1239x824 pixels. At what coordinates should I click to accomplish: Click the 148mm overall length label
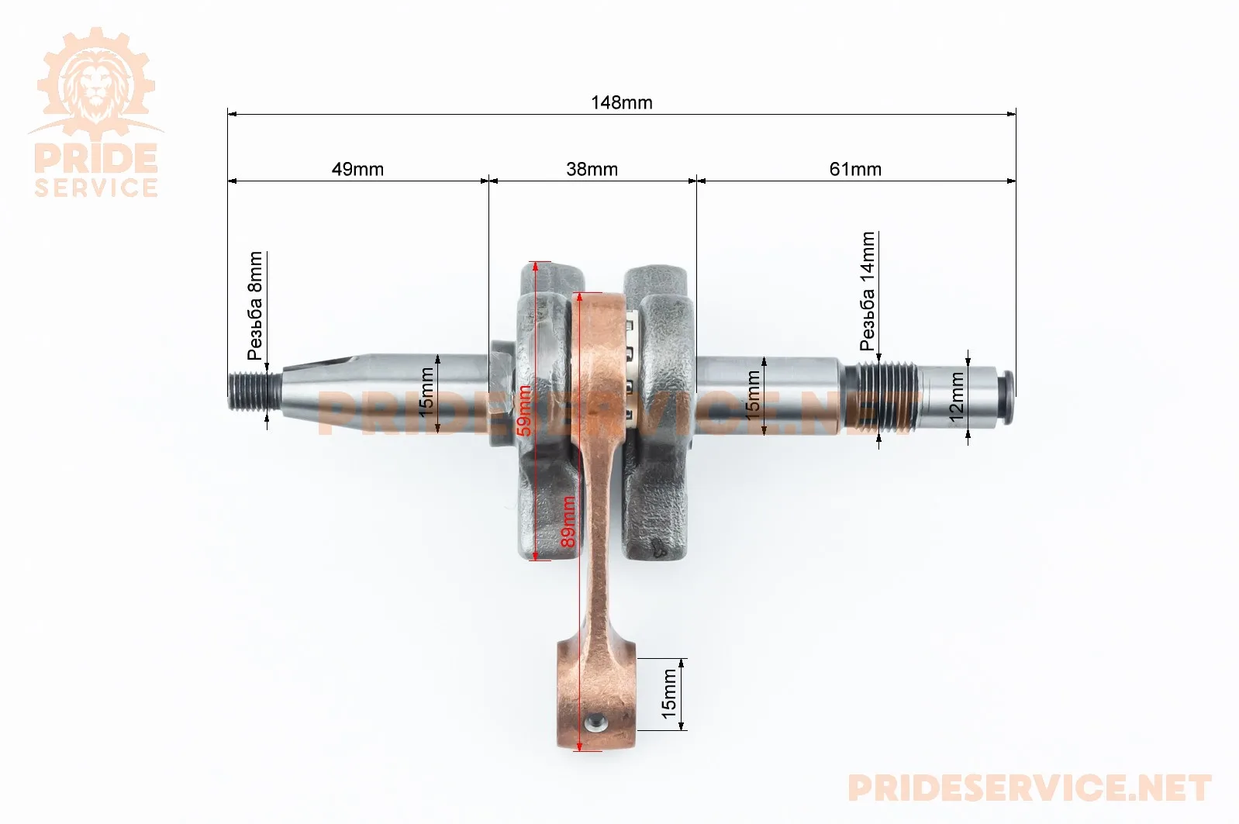622,102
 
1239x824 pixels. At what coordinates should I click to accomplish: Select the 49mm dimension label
357,169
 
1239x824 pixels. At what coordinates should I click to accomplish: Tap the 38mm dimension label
592,169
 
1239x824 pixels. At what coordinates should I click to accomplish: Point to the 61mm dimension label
855,169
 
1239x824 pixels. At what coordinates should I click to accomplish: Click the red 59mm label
524,410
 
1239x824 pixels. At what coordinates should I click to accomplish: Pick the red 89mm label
568,522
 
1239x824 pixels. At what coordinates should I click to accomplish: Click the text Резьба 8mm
255,306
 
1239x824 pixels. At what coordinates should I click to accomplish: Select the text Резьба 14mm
868,291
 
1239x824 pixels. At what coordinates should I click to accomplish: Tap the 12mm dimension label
956,397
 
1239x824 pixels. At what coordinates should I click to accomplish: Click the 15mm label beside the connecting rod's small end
668,694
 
